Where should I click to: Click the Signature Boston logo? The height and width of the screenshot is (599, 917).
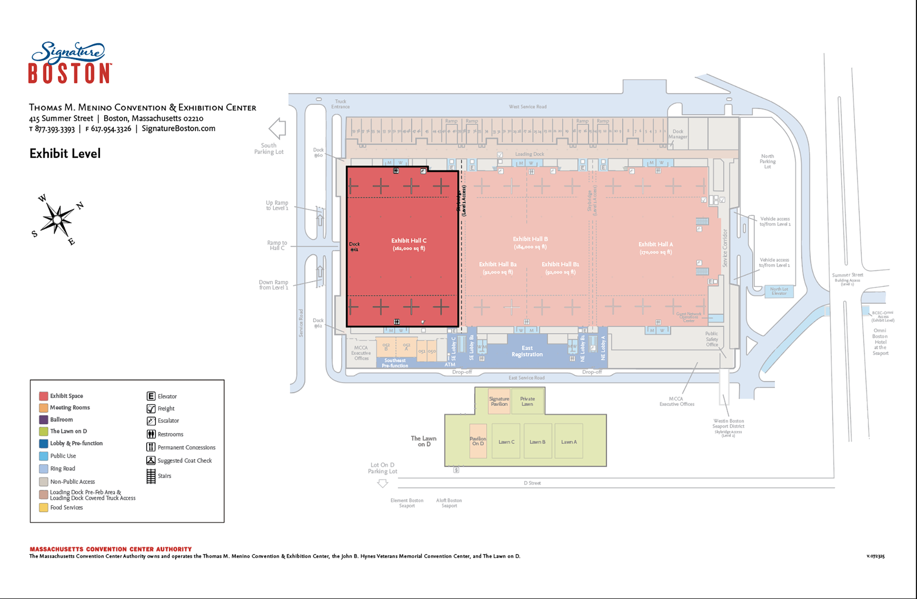[x=70, y=63]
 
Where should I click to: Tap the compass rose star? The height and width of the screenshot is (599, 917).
[x=57, y=219]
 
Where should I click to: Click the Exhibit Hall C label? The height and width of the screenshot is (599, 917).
[x=408, y=241]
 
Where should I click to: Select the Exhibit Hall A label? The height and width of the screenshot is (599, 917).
[x=655, y=244]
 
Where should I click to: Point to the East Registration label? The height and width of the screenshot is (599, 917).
[x=527, y=351]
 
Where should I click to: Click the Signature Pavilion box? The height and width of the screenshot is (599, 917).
[x=499, y=401]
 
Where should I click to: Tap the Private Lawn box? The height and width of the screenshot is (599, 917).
[x=527, y=401]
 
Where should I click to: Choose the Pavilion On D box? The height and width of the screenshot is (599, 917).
[x=478, y=441]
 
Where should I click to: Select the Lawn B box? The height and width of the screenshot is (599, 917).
[x=537, y=441]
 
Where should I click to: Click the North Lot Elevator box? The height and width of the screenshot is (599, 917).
[x=779, y=291]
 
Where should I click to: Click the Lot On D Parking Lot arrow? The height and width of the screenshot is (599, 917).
[x=383, y=484]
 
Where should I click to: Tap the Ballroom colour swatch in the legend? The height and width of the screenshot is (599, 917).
[x=43, y=419]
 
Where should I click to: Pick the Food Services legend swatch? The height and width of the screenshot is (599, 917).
[x=43, y=507]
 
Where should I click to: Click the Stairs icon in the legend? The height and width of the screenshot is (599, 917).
[x=151, y=476]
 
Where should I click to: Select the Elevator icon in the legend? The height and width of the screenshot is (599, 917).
[x=151, y=396]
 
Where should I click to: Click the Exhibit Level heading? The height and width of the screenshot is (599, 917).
[x=65, y=153]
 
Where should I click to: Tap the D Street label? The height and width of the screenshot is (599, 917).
[x=532, y=483]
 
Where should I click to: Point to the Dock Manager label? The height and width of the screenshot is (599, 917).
[x=678, y=134]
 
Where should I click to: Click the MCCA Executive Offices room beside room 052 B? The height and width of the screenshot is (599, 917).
[x=361, y=353]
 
